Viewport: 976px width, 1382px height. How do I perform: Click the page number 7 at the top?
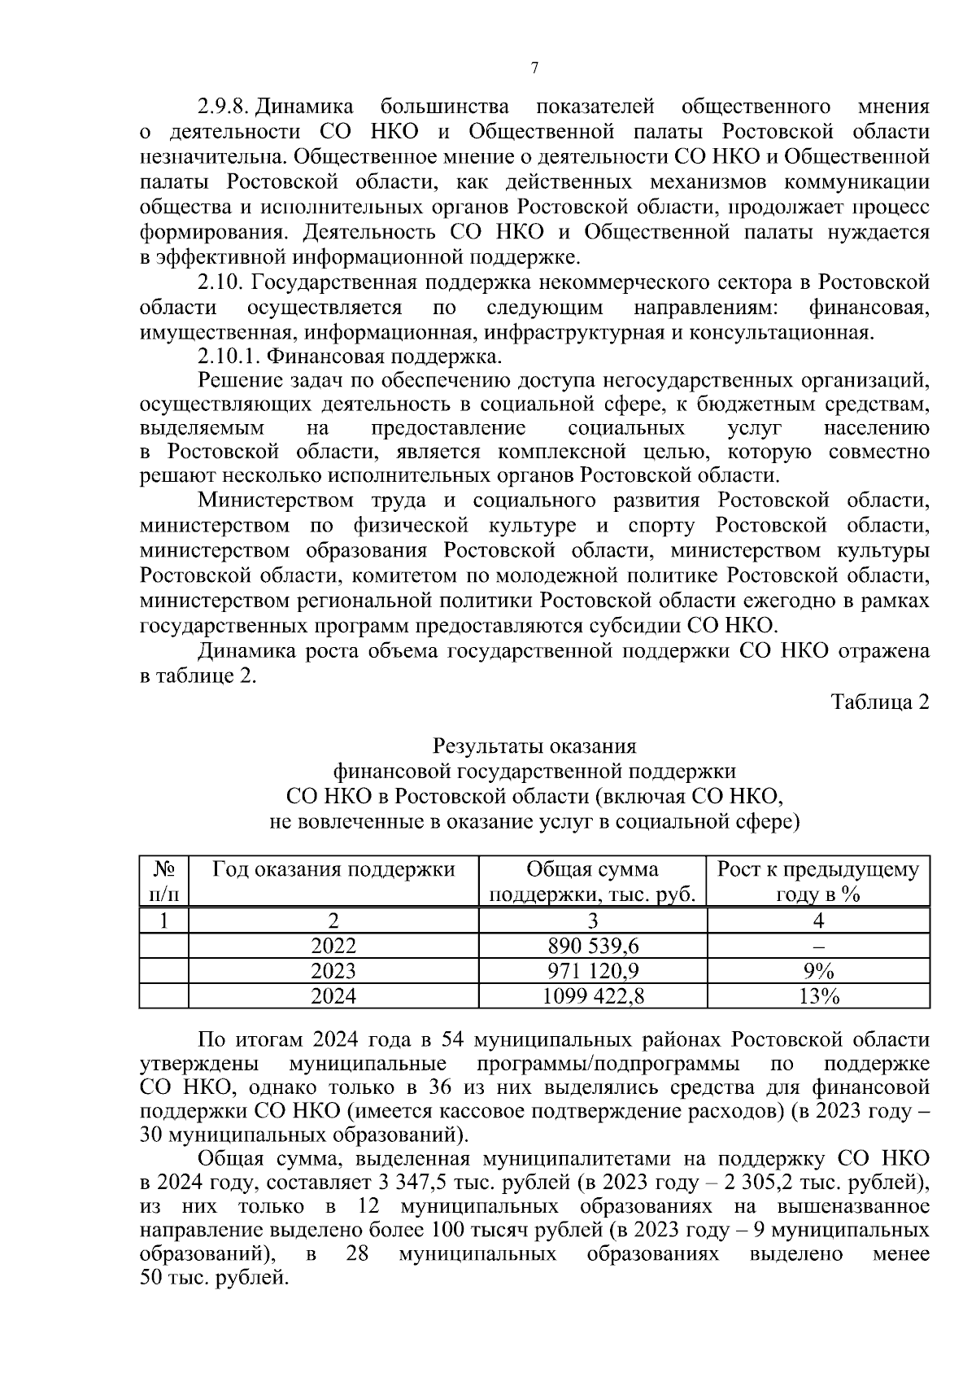click(x=534, y=68)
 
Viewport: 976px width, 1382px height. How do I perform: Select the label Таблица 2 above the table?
click(x=879, y=702)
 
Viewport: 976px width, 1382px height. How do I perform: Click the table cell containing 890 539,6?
click(x=592, y=946)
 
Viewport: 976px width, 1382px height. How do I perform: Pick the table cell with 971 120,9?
click(x=592, y=971)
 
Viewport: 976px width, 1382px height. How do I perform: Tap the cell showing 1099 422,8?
click(x=592, y=996)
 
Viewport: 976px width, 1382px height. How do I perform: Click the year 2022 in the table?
click(x=333, y=946)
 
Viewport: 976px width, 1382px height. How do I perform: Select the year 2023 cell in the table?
click(x=333, y=971)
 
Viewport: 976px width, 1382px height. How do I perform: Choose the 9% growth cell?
click(x=818, y=971)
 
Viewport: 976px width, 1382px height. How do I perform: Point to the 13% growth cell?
click(x=818, y=996)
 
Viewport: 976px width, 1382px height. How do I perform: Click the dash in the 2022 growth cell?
click(x=818, y=947)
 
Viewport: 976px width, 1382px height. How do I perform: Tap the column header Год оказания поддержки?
click(x=333, y=869)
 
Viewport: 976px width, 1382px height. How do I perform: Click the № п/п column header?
click(x=164, y=881)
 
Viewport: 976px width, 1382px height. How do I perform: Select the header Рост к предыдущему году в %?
click(x=818, y=881)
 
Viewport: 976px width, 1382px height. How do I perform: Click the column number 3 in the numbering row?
click(x=592, y=921)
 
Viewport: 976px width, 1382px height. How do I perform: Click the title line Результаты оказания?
click(x=534, y=746)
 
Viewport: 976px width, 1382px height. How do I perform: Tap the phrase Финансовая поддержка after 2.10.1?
click(x=385, y=356)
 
